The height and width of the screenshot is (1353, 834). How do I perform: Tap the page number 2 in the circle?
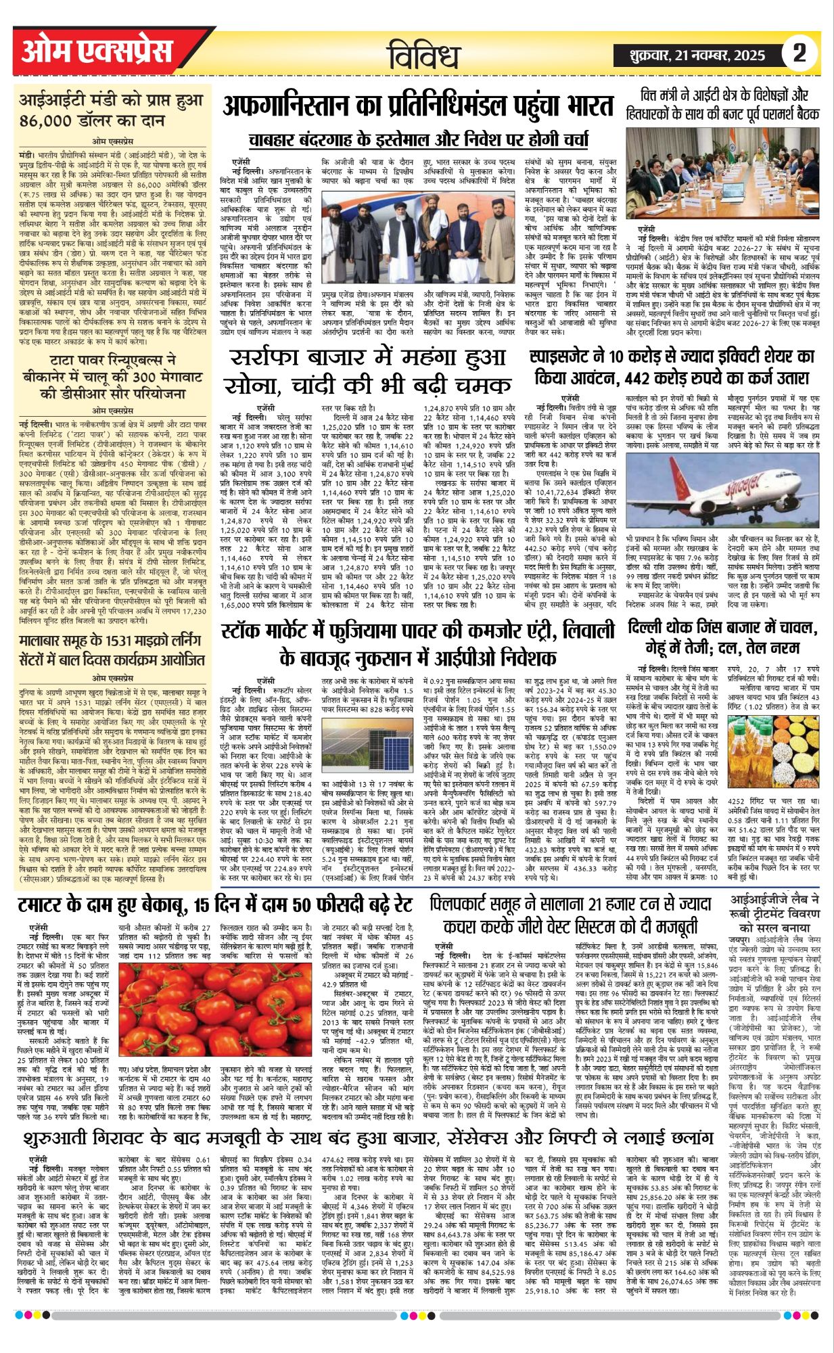coord(800,53)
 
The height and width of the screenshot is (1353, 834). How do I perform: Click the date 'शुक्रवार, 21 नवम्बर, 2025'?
coord(697,55)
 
